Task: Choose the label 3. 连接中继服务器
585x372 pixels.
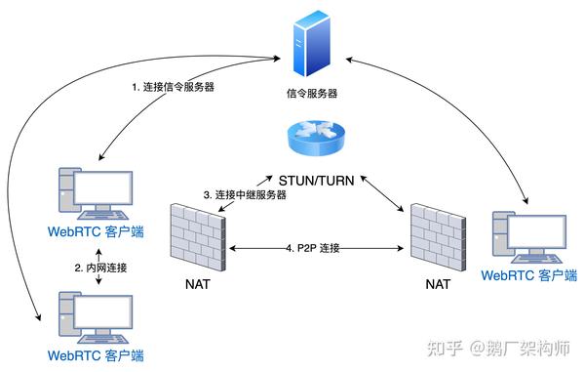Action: [x=245, y=195]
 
